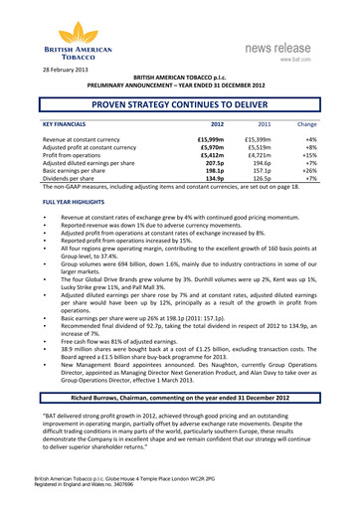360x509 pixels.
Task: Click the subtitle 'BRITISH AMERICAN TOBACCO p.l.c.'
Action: click(180, 77)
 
